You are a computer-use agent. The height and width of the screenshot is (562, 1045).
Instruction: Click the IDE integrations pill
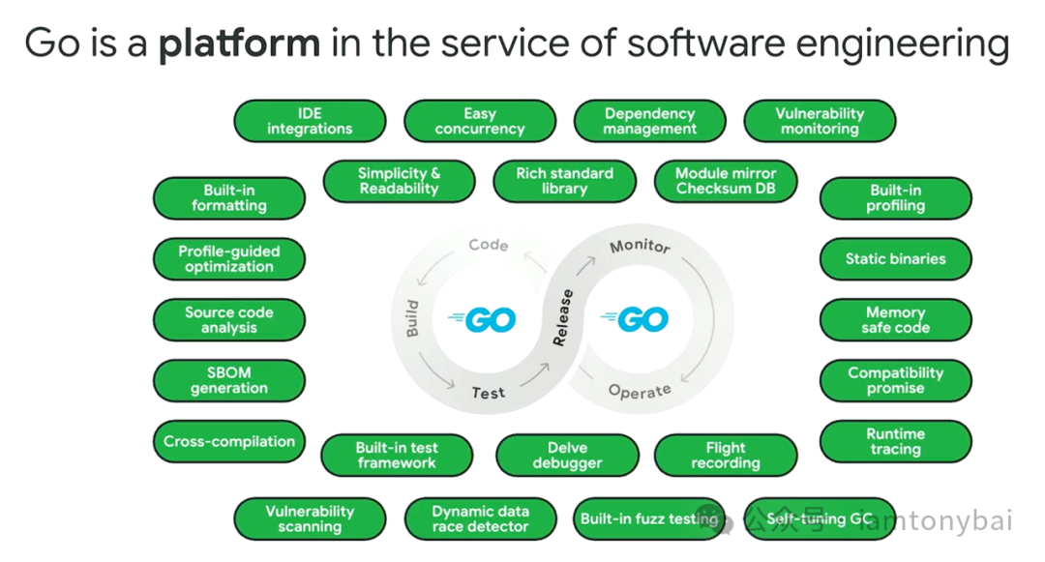click(310, 122)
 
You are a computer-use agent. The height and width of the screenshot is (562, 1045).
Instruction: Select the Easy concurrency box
click(480, 122)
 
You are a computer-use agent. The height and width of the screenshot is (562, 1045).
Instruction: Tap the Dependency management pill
click(650, 122)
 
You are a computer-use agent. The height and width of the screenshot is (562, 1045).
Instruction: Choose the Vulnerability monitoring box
click(820, 122)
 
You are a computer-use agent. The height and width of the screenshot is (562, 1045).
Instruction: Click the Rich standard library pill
click(564, 181)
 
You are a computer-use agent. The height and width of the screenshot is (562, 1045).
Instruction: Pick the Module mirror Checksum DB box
click(726, 181)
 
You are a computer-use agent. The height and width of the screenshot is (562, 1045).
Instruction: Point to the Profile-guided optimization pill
click(229, 259)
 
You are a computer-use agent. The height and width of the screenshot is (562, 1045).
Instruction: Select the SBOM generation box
click(229, 380)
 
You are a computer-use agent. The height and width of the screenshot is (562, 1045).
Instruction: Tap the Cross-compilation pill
click(229, 442)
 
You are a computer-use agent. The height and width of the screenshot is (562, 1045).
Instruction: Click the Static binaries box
click(895, 259)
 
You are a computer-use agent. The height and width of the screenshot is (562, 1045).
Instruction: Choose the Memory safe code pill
click(895, 320)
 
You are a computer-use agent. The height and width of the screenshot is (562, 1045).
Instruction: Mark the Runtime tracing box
click(895, 442)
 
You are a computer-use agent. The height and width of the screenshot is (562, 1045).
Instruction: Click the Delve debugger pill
click(567, 456)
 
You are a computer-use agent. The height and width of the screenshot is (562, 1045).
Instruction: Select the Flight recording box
click(726, 456)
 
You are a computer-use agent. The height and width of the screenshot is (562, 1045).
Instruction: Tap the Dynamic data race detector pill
click(480, 519)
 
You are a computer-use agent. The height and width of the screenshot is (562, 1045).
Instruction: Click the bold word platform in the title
click(239, 43)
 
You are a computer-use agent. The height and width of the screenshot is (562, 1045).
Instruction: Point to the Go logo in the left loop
click(483, 318)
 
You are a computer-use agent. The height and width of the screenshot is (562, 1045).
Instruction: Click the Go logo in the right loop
click(636, 318)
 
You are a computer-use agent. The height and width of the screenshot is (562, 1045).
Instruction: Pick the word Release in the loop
click(562, 318)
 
